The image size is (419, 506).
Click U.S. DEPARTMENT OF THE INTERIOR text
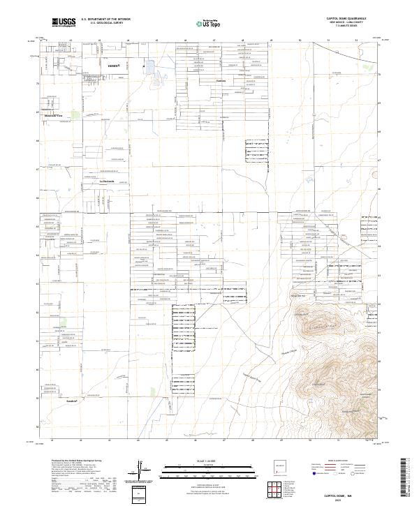click(x=101, y=20)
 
